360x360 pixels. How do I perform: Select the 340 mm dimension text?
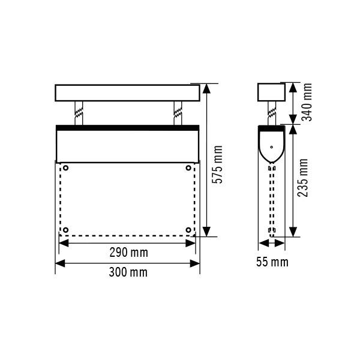308,102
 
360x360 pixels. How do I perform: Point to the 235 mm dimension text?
304,178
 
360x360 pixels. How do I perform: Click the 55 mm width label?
271,262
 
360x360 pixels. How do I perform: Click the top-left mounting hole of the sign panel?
66,167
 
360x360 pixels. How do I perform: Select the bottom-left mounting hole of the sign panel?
66,230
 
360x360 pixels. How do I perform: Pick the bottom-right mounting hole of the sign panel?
188,230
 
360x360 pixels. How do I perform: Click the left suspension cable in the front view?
79,113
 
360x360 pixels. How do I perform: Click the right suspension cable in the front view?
177,113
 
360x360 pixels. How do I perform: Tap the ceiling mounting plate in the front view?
127,92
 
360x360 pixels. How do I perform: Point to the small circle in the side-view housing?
271,146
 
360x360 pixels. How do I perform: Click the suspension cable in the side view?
271,113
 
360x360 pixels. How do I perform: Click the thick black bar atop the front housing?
127,127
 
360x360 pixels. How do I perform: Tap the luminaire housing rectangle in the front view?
127,146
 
